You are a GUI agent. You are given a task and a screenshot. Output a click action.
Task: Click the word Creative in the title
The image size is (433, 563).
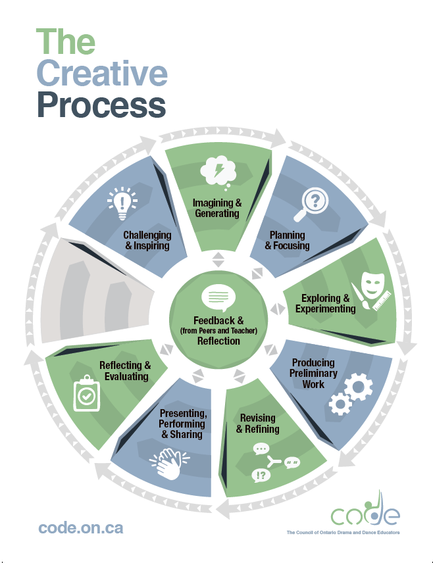pyautogui.click(x=102, y=73)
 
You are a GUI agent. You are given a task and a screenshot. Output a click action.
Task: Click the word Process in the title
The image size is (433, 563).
pyautogui.click(x=101, y=105)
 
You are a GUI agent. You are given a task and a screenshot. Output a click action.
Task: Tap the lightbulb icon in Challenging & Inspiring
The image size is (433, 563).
pyautogui.click(x=122, y=203)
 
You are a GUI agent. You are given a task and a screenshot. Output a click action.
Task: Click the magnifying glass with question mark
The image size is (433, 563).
pyautogui.click(x=311, y=205)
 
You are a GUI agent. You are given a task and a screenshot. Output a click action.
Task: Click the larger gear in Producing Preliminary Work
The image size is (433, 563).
pyautogui.click(x=358, y=387)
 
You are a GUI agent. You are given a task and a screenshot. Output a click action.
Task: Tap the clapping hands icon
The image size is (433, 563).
pyautogui.click(x=170, y=464)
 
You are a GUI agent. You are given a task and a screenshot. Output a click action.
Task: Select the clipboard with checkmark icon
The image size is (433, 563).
pyautogui.click(x=86, y=393)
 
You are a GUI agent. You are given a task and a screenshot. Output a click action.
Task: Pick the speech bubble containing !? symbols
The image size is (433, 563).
pyautogui.click(x=261, y=476)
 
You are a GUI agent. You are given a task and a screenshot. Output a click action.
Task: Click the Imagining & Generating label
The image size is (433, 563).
pyautogui.click(x=217, y=208)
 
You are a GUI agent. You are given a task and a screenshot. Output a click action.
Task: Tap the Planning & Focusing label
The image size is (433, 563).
pyautogui.click(x=287, y=240)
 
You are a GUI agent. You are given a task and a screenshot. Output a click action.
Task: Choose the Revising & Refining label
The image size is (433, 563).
pyautogui.click(x=258, y=424)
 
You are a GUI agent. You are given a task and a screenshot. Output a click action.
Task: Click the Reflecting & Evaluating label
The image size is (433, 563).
pyautogui.click(x=125, y=371)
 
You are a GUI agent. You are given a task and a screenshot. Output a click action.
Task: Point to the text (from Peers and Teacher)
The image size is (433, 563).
pyautogui.click(x=218, y=331)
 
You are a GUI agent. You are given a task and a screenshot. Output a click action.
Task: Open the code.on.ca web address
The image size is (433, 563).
pyautogui.click(x=81, y=527)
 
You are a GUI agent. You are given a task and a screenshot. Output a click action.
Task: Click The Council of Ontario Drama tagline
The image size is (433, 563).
pyautogui.click(x=343, y=533)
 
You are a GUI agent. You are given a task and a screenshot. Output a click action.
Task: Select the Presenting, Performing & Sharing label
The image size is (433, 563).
pyautogui.click(x=183, y=424)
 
